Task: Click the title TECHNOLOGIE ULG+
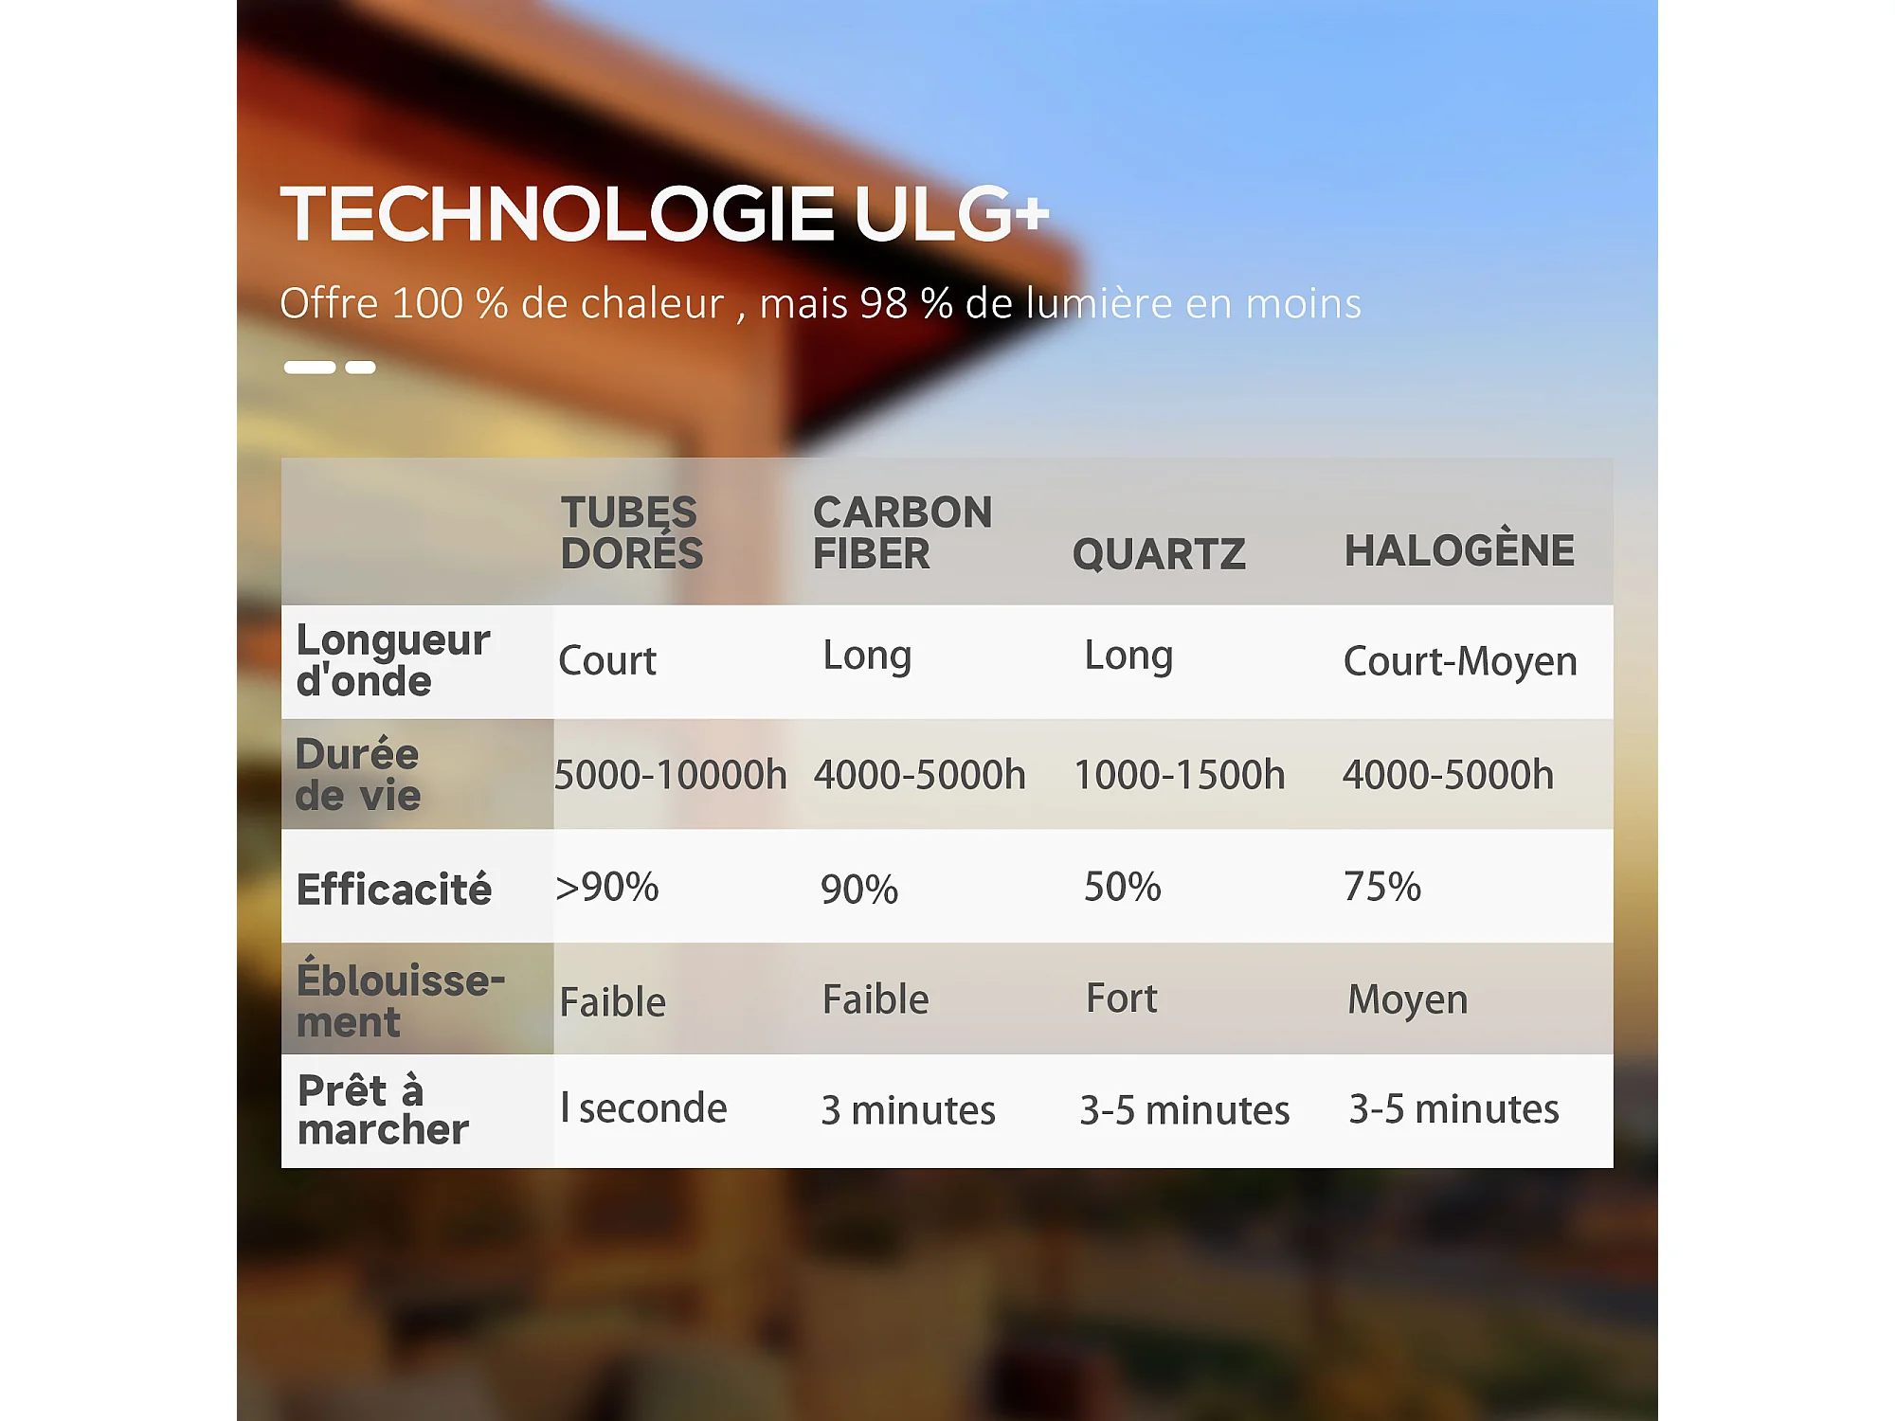click(x=665, y=213)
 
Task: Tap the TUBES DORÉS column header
click(x=632, y=532)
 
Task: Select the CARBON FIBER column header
click(x=903, y=532)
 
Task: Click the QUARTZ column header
click(x=1159, y=554)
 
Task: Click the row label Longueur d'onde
click(x=393, y=660)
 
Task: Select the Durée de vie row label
click(x=357, y=774)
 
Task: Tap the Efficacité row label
click(x=394, y=890)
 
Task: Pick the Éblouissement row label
click(x=401, y=998)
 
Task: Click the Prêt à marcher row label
click(x=383, y=1109)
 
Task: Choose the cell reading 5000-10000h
click(x=671, y=775)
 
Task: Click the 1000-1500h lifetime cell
click(x=1180, y=775)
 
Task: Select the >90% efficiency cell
click(x=607, y=888)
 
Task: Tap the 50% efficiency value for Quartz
click(x=1123, y=888)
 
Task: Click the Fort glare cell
click(x=1122, y=998)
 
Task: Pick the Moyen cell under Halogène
click(x=1408, y=1000)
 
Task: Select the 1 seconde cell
click(x=644, y=1108)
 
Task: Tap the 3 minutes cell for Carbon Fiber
click(x=909, y=1109)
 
